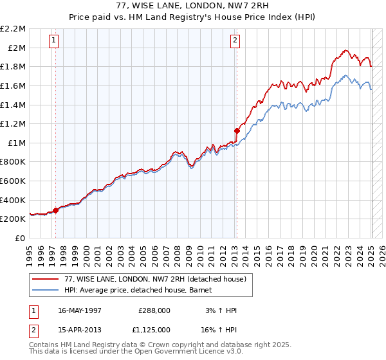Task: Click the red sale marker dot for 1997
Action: (x=56, y=210)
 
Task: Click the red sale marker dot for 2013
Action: (x=237, y=130)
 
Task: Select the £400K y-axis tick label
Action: (x=14, y=200)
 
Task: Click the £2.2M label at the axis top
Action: (x=14, y=29)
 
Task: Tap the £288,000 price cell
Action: (x=154, y=310)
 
